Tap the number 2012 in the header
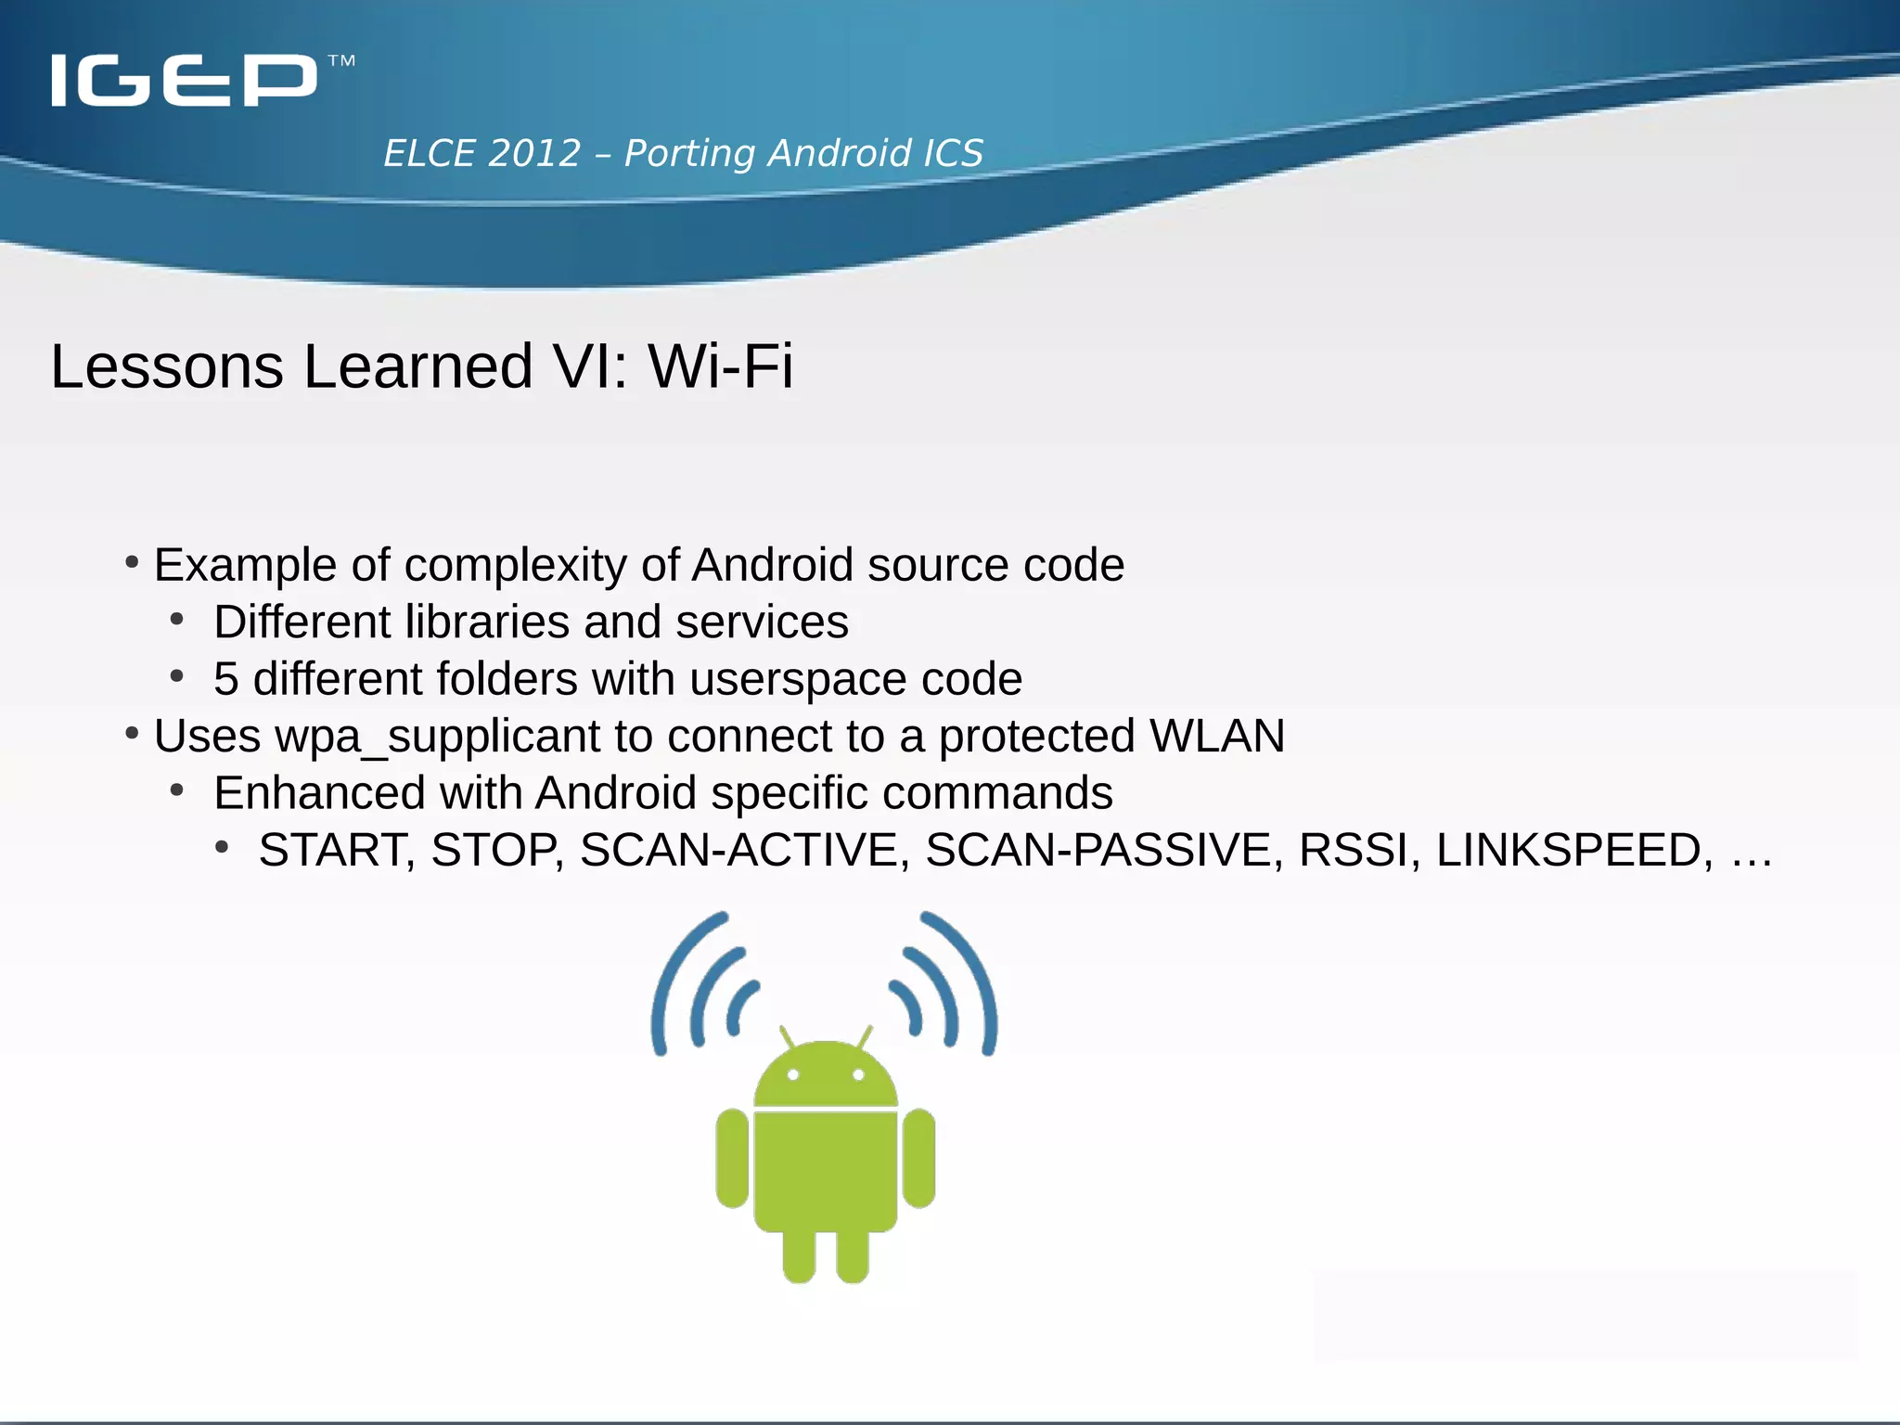point(533,153)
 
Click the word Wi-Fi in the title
point(720,366)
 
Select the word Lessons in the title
point(167,366)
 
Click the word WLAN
point(1216,736)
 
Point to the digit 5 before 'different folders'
point(225,679)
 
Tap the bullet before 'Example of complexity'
point(132,562)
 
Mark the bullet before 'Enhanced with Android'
point(177,790)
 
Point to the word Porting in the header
point(689,153)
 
